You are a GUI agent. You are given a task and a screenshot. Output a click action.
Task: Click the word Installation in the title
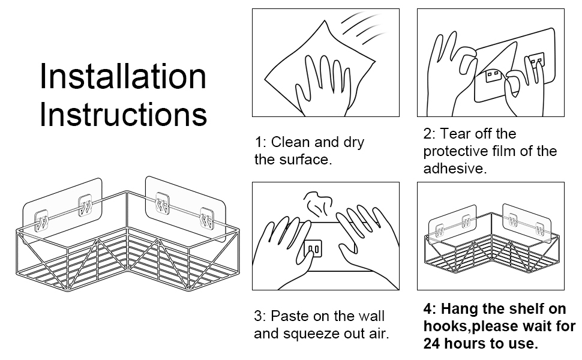[x=123, y=76]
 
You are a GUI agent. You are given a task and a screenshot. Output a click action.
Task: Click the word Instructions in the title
[x=123, y=115]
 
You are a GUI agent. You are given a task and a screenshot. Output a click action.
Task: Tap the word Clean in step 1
[x=291, y=142]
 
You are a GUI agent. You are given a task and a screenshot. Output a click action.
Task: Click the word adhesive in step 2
[x=454, y=169]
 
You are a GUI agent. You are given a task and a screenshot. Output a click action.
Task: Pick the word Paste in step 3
[x=290, y=316]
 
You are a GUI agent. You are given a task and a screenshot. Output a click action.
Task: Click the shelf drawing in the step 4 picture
[x=490, y=246]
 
